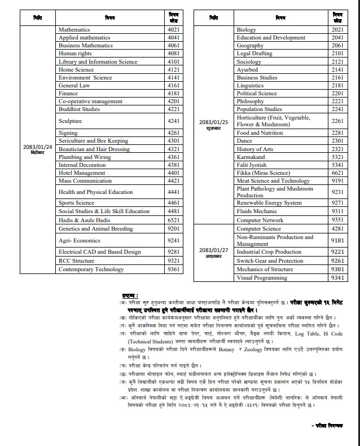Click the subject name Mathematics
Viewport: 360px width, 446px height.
coord(74,29)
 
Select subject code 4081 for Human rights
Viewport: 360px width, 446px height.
coord(174,54)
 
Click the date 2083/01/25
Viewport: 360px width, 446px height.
coord(213,122)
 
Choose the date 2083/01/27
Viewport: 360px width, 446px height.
coord(213,249)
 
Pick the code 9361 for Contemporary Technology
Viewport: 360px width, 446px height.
coord(174,270)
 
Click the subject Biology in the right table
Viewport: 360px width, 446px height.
coord(247,29)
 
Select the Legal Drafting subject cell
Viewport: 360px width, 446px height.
coord(254,54)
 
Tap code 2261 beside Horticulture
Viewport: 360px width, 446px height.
coord(337,121)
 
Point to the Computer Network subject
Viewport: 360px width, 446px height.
coord(260,220)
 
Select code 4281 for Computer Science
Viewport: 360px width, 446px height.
coord(337,229)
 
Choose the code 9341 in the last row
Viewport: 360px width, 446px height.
coord(337,278)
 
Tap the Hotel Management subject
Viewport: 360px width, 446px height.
coord(82,173)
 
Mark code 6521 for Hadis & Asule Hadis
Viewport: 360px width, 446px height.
coord(174,220)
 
